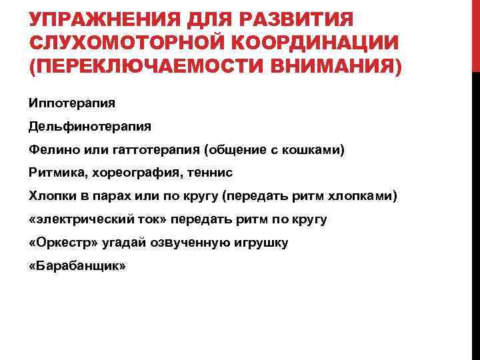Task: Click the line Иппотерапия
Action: coord(72,103)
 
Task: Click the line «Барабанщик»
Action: coord(77,266)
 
